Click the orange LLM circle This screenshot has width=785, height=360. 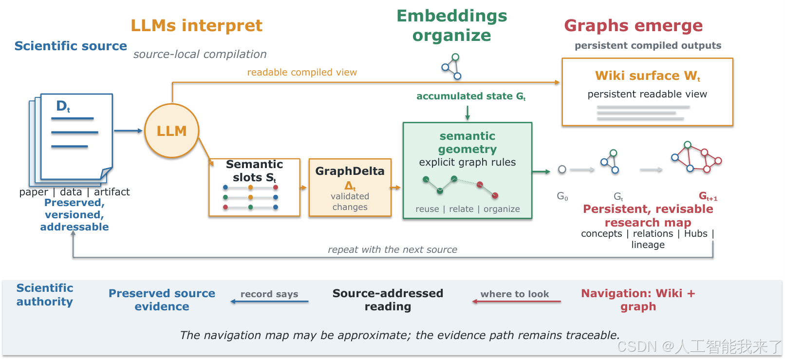172,131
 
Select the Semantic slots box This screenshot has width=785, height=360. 254,188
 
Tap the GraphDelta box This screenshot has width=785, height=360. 350,188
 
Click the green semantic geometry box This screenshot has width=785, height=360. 467,171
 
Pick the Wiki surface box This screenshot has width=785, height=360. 647,92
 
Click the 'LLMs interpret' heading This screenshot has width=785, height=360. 197,26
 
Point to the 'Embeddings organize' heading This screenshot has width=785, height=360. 452,26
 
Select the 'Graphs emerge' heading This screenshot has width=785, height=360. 633,26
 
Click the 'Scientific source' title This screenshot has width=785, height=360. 71,46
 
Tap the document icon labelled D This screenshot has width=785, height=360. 71,139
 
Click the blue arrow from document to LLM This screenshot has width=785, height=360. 128,131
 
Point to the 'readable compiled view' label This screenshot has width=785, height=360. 302,72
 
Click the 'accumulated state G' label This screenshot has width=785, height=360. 470,96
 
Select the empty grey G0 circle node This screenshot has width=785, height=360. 562,170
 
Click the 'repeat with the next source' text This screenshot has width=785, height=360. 392,249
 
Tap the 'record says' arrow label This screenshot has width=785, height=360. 269,294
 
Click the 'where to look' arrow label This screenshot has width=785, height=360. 514,294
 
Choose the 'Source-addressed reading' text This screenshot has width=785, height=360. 388,300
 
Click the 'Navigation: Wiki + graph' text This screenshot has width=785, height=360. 638,300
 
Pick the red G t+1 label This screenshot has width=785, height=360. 708,196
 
